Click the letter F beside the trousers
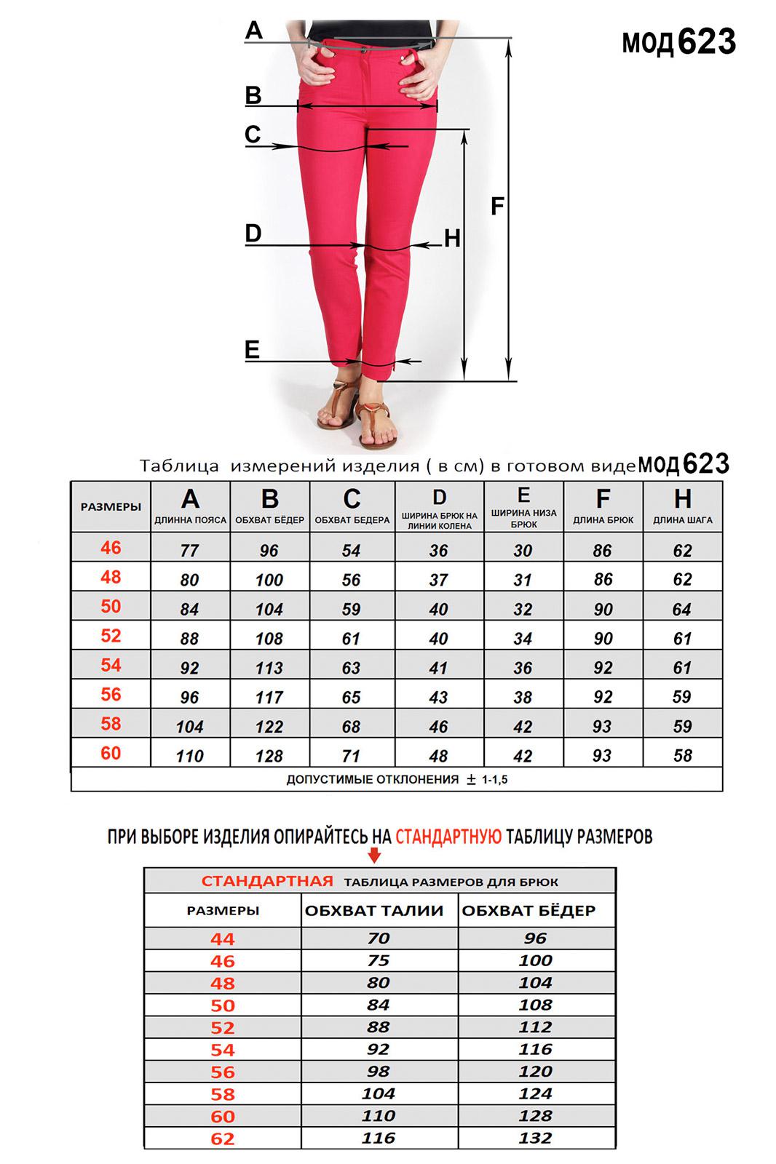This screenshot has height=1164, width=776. click(x=497, y=207)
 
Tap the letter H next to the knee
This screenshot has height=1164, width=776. click(x=452, y=238)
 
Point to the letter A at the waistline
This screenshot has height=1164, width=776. click(x=253, y=31)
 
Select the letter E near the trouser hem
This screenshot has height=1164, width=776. click(x=252, y=350)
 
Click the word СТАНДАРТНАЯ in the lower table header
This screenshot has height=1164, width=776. click(x=267, y=881)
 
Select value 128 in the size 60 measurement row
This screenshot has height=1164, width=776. click(x=269, y=756)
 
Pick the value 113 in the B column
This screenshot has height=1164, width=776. click(x=269, y=668)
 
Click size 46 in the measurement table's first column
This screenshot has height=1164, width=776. click(x=111, y=548)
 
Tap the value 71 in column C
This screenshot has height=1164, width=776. click(x=351, y=756)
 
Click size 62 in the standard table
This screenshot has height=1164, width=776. click(x=223, y=1139)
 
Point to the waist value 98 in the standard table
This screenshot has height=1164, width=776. click(x=379, y=1072)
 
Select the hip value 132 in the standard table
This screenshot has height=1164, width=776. click(x=535, y=1138)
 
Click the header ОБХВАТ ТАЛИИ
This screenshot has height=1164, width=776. click(x=374, y=910)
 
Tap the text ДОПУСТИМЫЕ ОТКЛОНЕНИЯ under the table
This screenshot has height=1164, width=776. click(x=372, y=779)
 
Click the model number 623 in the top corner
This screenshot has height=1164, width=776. click(x=706, y=42)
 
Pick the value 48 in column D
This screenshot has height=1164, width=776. click(x=438, y=756)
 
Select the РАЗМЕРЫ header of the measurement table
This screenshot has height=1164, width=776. click(x=111, y=506)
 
